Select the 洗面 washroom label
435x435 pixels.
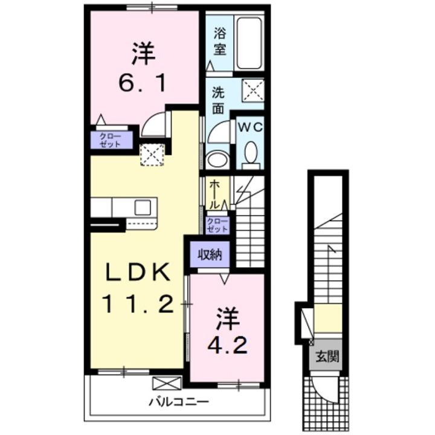click(218, 101)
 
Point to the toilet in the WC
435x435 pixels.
click(250, 155)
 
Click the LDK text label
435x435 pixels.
click(137, 272)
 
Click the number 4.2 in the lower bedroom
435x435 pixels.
click(228, 345)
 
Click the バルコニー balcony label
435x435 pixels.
click(179, 401)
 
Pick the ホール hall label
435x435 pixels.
click(214, 195)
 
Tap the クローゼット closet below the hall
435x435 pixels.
click(217, 225)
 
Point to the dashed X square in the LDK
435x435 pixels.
click(152, 155)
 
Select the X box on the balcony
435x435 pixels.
click(167, 382)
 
